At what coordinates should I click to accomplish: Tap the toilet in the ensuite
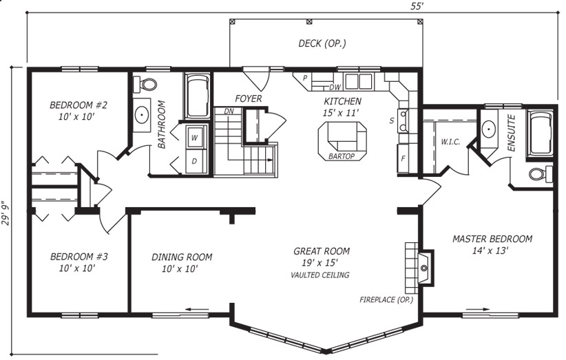tap(541, 174)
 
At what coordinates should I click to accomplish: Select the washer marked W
tap(195, 137)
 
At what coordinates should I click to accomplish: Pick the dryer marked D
tap(195, 161)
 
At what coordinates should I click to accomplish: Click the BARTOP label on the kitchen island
tap(342, 156)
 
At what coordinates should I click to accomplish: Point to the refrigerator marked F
tap(403, 158)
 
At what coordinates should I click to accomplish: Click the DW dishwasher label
tap(335, 87)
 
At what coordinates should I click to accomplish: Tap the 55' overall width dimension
tap(416, 6)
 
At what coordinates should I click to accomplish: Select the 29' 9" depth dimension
tap(6, 213)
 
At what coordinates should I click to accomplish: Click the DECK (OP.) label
tap(322, 43)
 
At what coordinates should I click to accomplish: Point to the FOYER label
tap(249, 98)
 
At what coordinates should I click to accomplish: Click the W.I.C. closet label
tap(450, 142)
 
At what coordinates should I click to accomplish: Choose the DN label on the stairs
tap(229, 112)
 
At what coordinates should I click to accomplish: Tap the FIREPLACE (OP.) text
tap(386, 299)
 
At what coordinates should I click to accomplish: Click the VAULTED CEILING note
tap(320, 275)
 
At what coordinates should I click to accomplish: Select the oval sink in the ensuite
tap(489, 129)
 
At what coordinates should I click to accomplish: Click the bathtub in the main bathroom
tap(198, 96)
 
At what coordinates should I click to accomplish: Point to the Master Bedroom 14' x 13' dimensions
tap(490, 251)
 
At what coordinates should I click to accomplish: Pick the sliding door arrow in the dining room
tap(197, 310)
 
